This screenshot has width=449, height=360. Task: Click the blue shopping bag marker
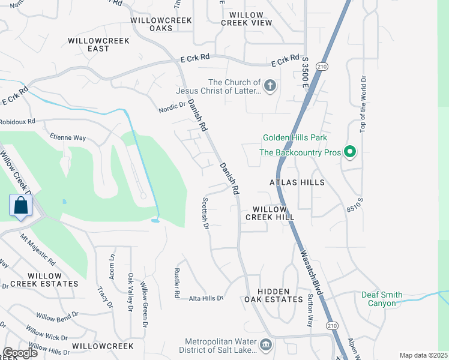pos(21,206)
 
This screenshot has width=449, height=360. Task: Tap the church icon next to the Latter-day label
pos(270,86)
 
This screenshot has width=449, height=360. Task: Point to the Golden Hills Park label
pos(295,137)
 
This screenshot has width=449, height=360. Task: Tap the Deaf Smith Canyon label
pos(382,299)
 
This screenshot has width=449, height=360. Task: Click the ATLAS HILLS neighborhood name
pos(297,182)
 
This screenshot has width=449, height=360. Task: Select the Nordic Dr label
pos(173,106)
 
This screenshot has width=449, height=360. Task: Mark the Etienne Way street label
pos(68,136)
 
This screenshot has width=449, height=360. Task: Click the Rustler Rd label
pos(177,283)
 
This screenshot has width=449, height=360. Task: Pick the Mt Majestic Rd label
pos(38,250)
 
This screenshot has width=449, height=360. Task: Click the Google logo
pos(20,353)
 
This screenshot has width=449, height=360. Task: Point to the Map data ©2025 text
pos(423,355)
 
